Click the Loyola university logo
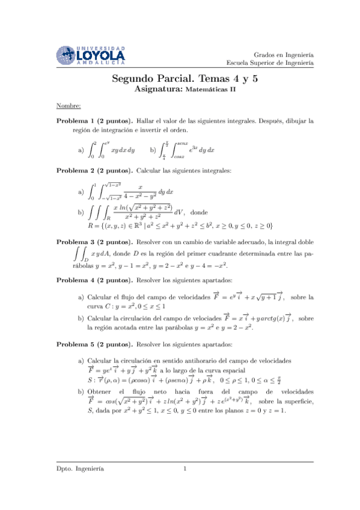(x=91, y=55)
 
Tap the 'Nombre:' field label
(x=69, y=106)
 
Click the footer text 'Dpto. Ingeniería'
(x=80, y=485)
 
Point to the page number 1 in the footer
(x=185, y=485)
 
